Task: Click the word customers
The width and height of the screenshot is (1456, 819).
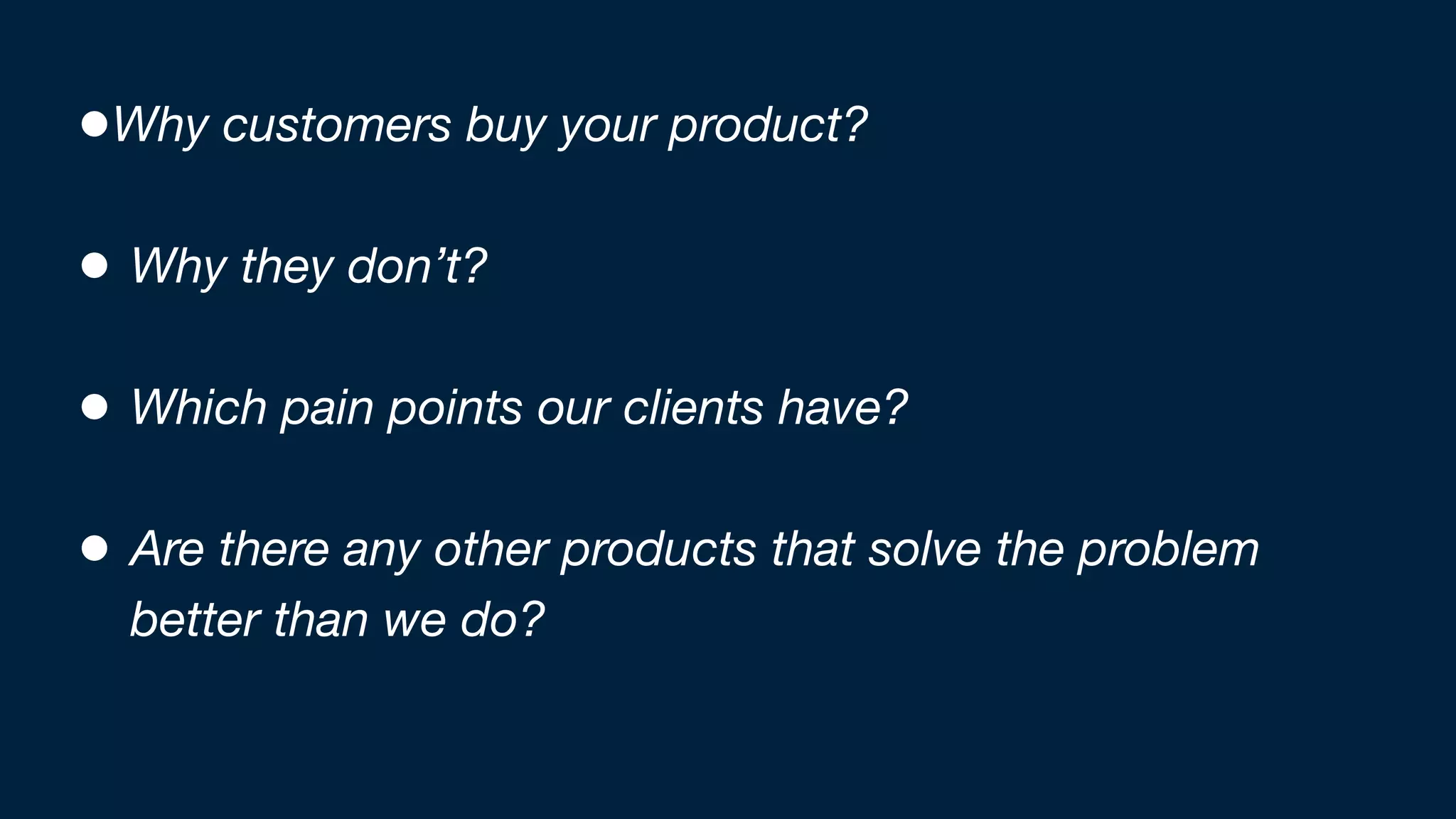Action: tap(336, 125)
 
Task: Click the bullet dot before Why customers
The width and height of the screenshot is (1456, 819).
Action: tap(95, 124)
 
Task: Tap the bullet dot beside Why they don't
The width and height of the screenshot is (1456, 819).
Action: tap(95, 266)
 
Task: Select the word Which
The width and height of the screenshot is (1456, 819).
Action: tap(198, 407)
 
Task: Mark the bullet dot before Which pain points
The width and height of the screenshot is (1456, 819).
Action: tap(95, 407)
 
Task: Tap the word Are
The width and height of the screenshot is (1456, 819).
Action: tap(168, 549)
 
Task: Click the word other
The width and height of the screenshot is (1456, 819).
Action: tap(491, 549)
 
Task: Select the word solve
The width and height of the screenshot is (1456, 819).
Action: tap(924, 549)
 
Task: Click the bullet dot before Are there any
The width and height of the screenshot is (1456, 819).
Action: tap(95, 549)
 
